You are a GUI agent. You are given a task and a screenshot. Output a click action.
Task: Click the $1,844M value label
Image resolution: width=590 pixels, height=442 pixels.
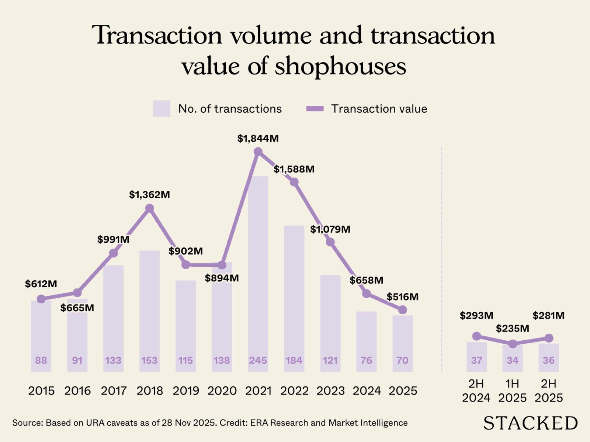coord(258,139)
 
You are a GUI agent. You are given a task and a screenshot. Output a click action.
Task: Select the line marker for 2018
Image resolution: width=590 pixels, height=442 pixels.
coord(149,209)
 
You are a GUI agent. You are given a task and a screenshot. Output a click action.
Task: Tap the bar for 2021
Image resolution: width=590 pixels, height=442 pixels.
coord(258,273)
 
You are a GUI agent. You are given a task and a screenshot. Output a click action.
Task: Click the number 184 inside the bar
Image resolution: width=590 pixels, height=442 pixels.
coord(294,360)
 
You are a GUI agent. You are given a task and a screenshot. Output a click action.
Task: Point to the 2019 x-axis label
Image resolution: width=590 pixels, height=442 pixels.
coord(185,390)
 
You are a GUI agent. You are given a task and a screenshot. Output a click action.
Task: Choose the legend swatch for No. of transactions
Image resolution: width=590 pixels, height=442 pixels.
coord(162,109)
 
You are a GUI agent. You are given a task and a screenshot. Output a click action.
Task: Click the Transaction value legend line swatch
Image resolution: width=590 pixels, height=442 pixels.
coord(315,109)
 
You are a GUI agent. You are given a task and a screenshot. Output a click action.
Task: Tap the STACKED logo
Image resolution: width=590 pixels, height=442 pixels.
coord(530,423)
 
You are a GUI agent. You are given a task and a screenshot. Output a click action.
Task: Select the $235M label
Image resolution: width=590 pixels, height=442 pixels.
coord(512,328)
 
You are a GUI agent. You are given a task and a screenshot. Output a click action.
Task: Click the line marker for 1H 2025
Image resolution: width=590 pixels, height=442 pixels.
coord(513,344)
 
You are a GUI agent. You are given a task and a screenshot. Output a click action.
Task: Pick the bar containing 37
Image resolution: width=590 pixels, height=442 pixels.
coord(476,357)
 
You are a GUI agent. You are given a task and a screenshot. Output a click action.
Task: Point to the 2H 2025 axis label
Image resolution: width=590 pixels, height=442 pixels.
coord(548,391)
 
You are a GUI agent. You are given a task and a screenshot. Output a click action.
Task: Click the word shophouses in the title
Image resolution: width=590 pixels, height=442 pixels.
coord(340,66)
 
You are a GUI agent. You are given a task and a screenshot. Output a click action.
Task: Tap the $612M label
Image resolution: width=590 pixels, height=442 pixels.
coord(41,284)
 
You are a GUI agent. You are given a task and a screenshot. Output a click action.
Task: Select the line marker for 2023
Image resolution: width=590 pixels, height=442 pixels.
coord(330,242)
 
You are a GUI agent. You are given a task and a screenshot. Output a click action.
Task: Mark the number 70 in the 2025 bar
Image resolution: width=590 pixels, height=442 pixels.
coord(402,360)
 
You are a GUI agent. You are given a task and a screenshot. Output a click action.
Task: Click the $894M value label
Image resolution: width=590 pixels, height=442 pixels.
coord(222,278)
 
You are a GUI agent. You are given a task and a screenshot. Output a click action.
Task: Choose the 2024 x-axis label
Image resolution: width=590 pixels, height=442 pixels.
coord(366,390)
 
